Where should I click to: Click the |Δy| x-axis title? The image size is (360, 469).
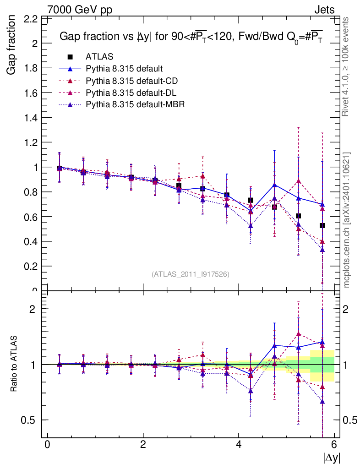(x=332, y=457)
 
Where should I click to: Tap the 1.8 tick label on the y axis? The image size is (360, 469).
(x=31, y=68)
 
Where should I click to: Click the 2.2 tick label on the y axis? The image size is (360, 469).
(x=31, y=19)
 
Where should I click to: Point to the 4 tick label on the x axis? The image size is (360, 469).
(x=239, y=445)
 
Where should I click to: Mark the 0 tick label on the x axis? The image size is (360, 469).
(x=47, y=445)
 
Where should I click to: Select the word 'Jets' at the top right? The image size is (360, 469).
(x=324, y=9)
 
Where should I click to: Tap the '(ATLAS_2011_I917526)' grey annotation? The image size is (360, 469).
(x=191, y=274)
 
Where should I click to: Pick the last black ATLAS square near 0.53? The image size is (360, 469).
(x=322, y=225)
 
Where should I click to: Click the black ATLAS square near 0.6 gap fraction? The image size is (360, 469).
(x=298, y=216)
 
